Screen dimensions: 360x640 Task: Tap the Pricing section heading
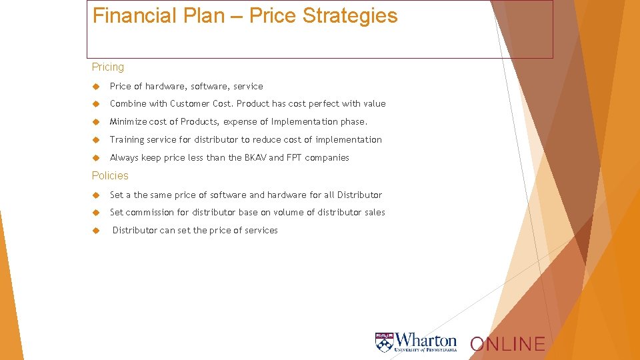108,67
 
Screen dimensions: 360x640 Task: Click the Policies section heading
110,175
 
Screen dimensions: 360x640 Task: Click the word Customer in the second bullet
191,103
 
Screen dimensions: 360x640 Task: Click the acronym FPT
294,157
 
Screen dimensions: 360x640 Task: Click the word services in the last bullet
261,230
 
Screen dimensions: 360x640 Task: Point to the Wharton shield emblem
385,342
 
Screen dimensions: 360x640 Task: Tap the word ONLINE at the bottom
507,344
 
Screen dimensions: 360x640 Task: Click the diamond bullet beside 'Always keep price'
96,158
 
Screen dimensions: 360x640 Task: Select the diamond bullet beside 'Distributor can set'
96,231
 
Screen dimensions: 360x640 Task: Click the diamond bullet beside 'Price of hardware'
96,87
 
